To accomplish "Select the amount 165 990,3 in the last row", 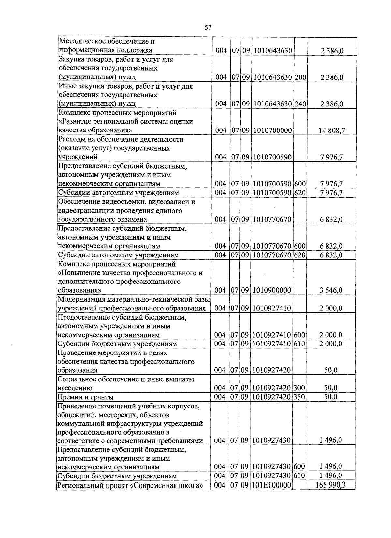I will tap(330, 485).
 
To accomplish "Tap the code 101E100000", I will tap(271, 485).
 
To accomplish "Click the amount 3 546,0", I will tap(331, 290).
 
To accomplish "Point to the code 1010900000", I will tap(272, 290).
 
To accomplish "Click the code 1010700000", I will tap(272, 131).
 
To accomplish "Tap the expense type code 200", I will tap(301, 77).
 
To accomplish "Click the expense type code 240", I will tap(301, 104).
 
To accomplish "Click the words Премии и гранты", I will tap(85, 397).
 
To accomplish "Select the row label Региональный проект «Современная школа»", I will tap(132, 486).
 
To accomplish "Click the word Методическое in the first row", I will tap(81, 42).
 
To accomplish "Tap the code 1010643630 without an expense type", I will tap(272, 51).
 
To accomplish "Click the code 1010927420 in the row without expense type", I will tap(271, 370).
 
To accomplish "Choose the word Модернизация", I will tap(80, 299).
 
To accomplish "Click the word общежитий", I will tap(74, 415).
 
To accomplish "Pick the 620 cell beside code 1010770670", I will tap(300, 255).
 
